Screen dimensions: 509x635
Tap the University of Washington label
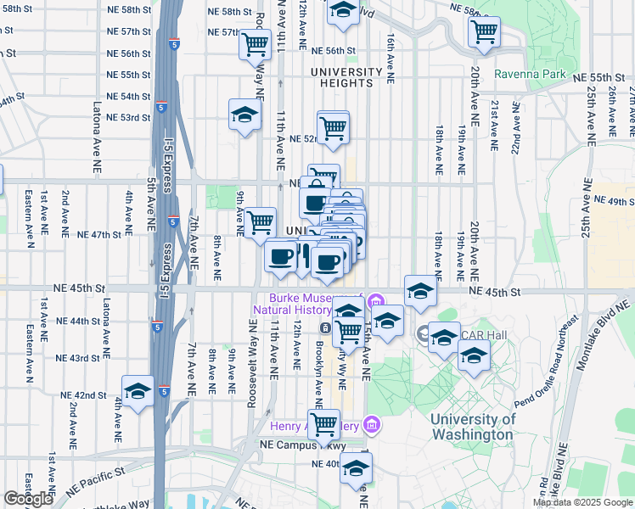(x=472, y=427)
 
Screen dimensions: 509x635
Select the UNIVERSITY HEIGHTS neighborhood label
(x=346, y=77)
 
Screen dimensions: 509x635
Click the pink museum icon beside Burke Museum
(x=375, y=299)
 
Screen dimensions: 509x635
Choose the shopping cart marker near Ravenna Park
(x=484, y=31)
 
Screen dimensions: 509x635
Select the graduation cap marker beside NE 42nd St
(x=138, y=392)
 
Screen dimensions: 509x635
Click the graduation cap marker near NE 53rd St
(x=244, y=115)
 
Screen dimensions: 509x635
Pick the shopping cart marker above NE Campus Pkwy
(x=323, y=423)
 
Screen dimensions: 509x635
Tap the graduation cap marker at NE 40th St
(x=356, y=467)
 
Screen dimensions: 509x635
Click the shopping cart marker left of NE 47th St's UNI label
(x=261, y=222)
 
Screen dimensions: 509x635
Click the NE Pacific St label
(x=95, y=470)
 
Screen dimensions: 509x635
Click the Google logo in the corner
(x=29, y=499)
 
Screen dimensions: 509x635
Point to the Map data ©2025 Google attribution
(x=582, y=502)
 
